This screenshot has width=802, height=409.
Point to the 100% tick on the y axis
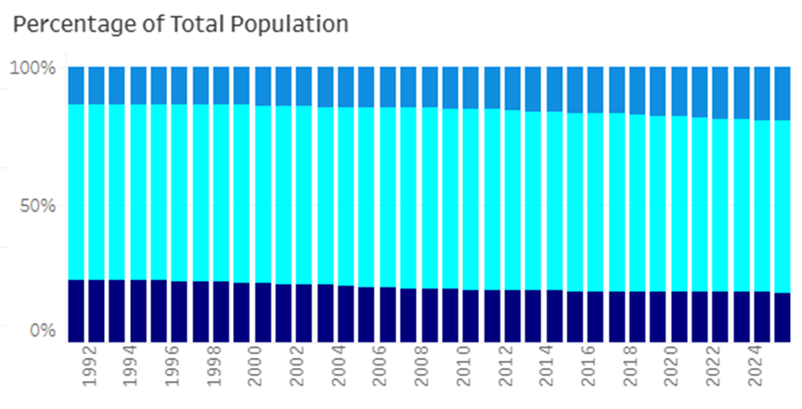tap(33, 68)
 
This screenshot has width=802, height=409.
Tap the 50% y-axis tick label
tap(37, 204)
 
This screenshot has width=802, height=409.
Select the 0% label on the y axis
tap(42, 330)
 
